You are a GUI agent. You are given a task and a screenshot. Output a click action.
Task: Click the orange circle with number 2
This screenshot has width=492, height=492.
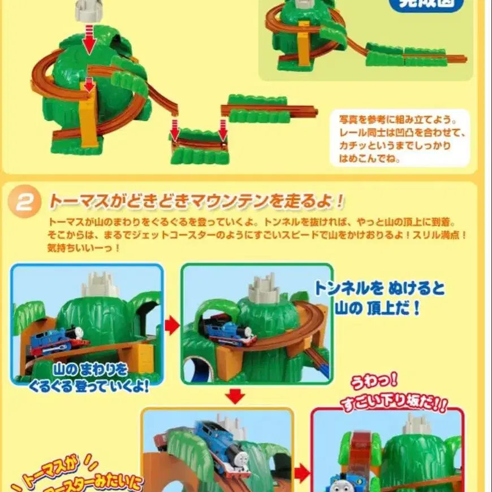click(x=24, y=202)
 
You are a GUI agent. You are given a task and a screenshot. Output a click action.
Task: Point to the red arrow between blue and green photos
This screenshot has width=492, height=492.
click(x=171, y=325)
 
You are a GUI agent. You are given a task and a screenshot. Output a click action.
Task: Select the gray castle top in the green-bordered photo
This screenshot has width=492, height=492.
click(x=264, y=289)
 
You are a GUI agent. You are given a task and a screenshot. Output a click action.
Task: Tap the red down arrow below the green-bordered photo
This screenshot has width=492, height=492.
click(x=236, y=395)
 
